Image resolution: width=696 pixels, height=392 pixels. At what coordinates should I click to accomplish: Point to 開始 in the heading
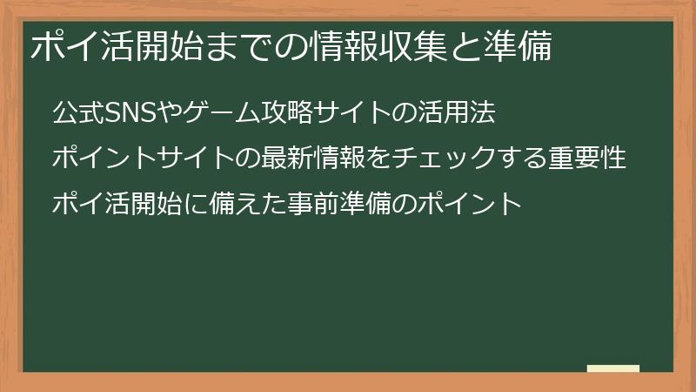171,48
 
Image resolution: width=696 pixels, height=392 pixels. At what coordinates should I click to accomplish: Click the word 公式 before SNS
77,112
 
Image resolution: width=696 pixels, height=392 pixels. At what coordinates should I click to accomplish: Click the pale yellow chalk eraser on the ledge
612,368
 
